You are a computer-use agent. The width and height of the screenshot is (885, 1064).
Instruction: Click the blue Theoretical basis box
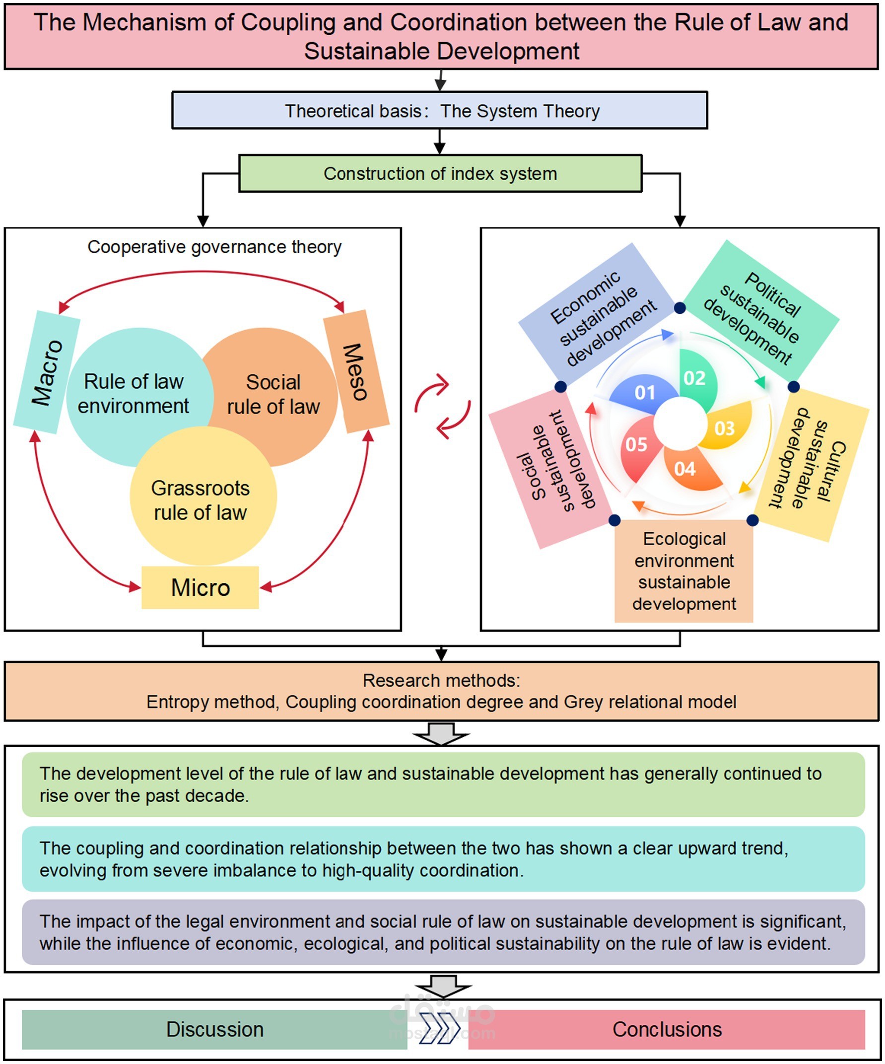[440, 110]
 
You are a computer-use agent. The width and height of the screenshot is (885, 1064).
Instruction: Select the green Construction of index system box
[440, 174]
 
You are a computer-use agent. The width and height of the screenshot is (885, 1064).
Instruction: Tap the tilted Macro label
[47, 372]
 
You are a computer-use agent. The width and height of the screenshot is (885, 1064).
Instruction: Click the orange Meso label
[356, 372]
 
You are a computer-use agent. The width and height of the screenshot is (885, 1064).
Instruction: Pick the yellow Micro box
[200, 588]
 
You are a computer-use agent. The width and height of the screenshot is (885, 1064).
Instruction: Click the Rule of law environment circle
[133, 395]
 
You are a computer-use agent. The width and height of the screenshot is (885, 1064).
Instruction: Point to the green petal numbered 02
[696, 377]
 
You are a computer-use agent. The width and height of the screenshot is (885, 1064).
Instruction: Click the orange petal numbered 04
[689, 469]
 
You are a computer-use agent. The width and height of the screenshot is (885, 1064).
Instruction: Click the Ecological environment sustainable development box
[684, 571]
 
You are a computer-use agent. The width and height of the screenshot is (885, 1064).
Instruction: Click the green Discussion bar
[214, 1029]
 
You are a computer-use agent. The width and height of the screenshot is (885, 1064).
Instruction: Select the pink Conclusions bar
[667, 1029]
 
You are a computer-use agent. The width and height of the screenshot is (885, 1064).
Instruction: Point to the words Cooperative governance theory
[214, 247]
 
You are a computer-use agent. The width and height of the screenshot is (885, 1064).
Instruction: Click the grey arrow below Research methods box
[441, 734]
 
